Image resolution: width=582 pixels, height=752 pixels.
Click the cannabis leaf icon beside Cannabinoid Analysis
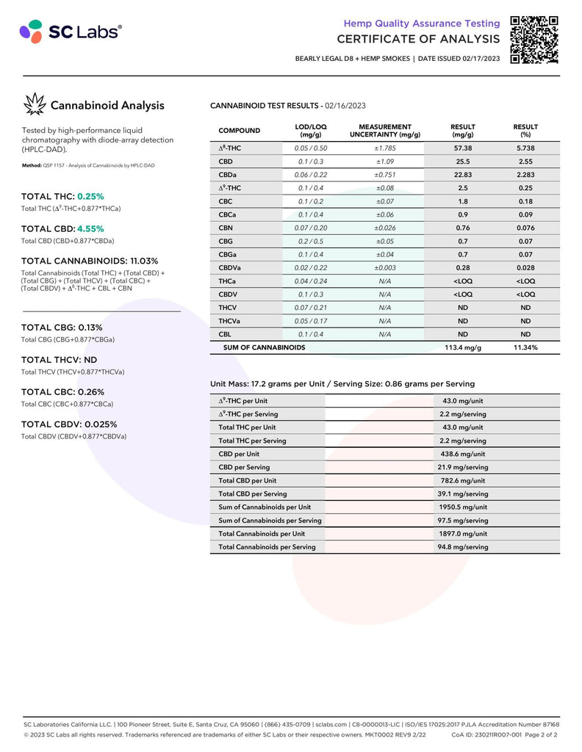[34, 105]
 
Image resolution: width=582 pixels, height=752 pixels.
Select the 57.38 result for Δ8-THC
[463, 148]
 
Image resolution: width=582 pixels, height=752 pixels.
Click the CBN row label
[226, 228]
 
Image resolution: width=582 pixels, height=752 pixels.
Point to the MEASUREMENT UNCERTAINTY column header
[384, 131]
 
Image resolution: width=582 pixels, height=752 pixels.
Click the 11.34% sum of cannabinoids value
[525, 347]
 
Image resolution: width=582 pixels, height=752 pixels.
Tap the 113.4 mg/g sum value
[463, 347]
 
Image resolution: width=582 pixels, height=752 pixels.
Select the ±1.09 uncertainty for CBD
[384, 162]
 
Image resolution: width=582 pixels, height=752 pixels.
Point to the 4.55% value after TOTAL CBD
[90, 228]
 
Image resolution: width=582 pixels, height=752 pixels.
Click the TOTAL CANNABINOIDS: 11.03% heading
[90, 261]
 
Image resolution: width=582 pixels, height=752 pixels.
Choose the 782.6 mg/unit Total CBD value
[463, 480]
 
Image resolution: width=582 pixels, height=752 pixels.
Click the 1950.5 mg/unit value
[463, 507]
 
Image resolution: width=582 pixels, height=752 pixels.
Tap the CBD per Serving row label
[244, 467]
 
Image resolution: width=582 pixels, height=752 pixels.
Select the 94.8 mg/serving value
[463, 546]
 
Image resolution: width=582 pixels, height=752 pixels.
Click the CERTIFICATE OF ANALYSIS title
[419, 38]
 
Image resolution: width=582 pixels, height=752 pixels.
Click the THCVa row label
[230, 321]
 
